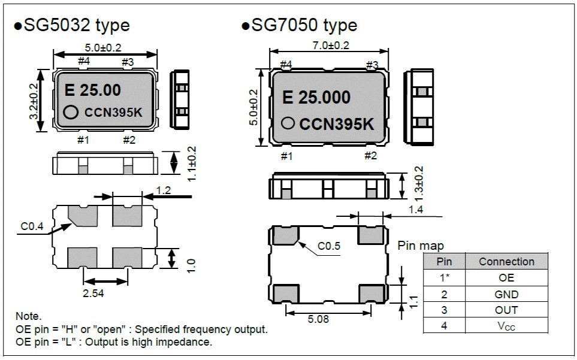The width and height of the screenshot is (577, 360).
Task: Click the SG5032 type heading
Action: pyautogui.click(x=71, y=26)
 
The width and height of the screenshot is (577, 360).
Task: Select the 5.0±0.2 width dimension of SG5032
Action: pyautogui.click(x=105, y=47)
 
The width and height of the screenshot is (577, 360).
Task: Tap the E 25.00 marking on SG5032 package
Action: pyautogui.click(x=92, y=90)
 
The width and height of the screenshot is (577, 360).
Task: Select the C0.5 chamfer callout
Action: pyautogui.click(x=328, y=246)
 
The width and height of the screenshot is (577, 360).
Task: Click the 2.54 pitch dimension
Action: pyautogui.click(x=105, y=293)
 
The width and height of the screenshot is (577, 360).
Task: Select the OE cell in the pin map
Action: pyautogui.click(x=506, y=278)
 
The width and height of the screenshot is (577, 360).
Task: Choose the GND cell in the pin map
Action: pyautogui.click(x=506, y=294)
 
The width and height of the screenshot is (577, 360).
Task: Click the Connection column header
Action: pyautogui.click(x=506, y=262)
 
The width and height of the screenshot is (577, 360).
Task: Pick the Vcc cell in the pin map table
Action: pyautogui.click(x=506, y=326)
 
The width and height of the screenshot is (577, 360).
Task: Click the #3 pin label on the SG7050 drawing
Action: pyautogui.click(x=372, y=64)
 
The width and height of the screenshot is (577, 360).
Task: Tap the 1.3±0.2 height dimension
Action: pyautogui.click(x=418, y=184)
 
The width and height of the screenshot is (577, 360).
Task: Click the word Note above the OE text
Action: pyautogui.click(x=29, y=316)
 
